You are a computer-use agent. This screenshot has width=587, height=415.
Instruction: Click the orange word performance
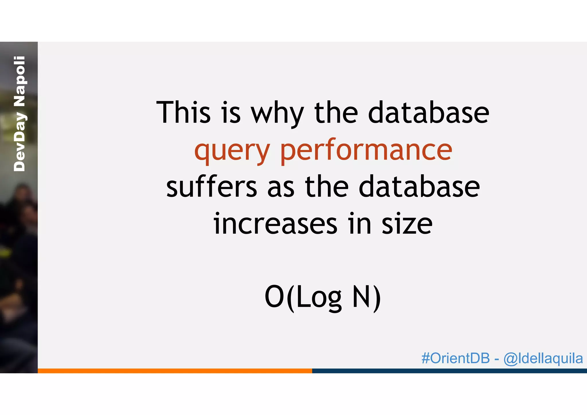coord(366,151)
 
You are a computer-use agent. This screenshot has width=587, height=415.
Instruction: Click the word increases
coord(275,224)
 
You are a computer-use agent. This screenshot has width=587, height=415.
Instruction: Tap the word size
coord(407,224)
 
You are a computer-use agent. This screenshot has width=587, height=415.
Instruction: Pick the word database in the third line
coord(419,187)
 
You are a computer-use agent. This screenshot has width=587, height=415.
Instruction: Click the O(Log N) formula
coord(323,297)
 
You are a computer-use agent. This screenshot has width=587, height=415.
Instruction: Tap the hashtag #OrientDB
coord(455,358)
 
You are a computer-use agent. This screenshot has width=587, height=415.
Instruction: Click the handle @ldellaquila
coord(543,359)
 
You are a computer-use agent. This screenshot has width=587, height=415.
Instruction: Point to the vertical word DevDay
coord(19,142)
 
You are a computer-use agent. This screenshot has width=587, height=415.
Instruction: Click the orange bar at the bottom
coord(175,371)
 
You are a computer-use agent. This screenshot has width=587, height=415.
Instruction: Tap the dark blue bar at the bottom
coord(449,371)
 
